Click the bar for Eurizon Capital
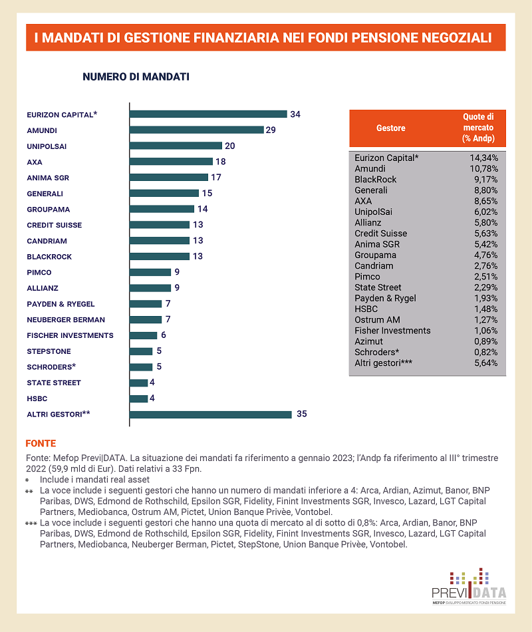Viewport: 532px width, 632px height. [207, 114]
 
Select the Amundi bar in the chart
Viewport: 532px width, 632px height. [197, 130]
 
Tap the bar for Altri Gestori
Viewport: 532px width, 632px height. [210, 414]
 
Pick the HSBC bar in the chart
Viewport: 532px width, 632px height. [138, 398]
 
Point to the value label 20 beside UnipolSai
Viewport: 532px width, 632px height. [230, 146]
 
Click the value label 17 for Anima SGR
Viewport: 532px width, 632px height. [215, 178]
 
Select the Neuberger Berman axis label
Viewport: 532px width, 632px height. [66, 320]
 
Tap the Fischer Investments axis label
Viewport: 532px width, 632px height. [70, 335]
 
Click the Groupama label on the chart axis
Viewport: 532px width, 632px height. [49, 209]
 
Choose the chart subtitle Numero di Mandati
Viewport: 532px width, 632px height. [136, 77]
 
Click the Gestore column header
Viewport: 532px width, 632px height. [390, 128]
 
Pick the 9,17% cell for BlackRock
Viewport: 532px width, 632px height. [483, 180]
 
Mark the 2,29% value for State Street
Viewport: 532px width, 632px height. [483, 287]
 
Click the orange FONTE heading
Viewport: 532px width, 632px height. [41, 443]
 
